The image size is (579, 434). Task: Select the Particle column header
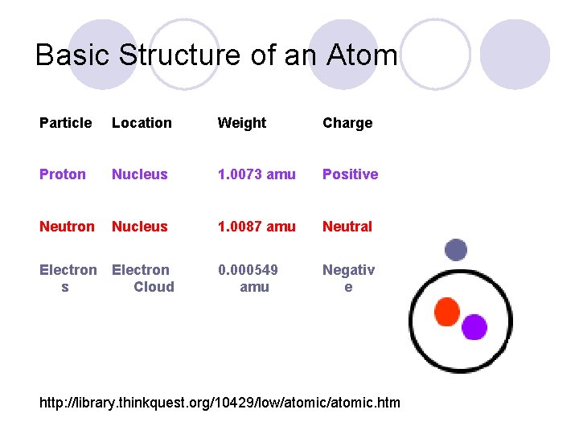[x=65, y=123]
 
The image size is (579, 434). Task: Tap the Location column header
[x=142, y=123]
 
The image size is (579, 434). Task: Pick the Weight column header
[x=241, y=123]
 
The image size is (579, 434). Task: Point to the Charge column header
[x=347, y=123]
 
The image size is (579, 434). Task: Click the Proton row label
[x=62, y=174]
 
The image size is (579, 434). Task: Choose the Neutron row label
[x=66, y=227]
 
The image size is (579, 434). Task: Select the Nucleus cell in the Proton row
[x=139, y=174]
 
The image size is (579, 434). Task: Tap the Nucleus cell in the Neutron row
[x=139, y=227]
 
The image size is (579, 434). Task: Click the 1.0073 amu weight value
[x=257, y=174]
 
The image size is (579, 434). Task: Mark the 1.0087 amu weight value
[x=257, y=227]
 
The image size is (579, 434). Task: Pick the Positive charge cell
[x=350, y=174]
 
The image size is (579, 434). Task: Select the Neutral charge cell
[x=347, y=227]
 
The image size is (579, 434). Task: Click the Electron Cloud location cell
[x=142, y=278]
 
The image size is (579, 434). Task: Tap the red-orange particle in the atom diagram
[x=446, y=312]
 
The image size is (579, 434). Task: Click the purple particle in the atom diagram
[x=474, y=327]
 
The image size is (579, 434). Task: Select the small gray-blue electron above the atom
[x=456, y=250]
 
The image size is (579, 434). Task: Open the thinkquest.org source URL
[x=220, y=402]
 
